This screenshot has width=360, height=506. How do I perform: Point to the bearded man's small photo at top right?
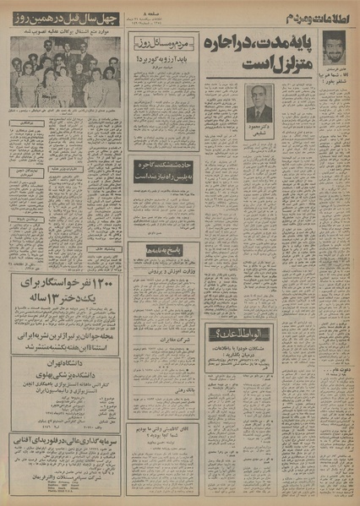click(336, 45)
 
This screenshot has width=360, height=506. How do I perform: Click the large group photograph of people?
click(66, 71)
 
